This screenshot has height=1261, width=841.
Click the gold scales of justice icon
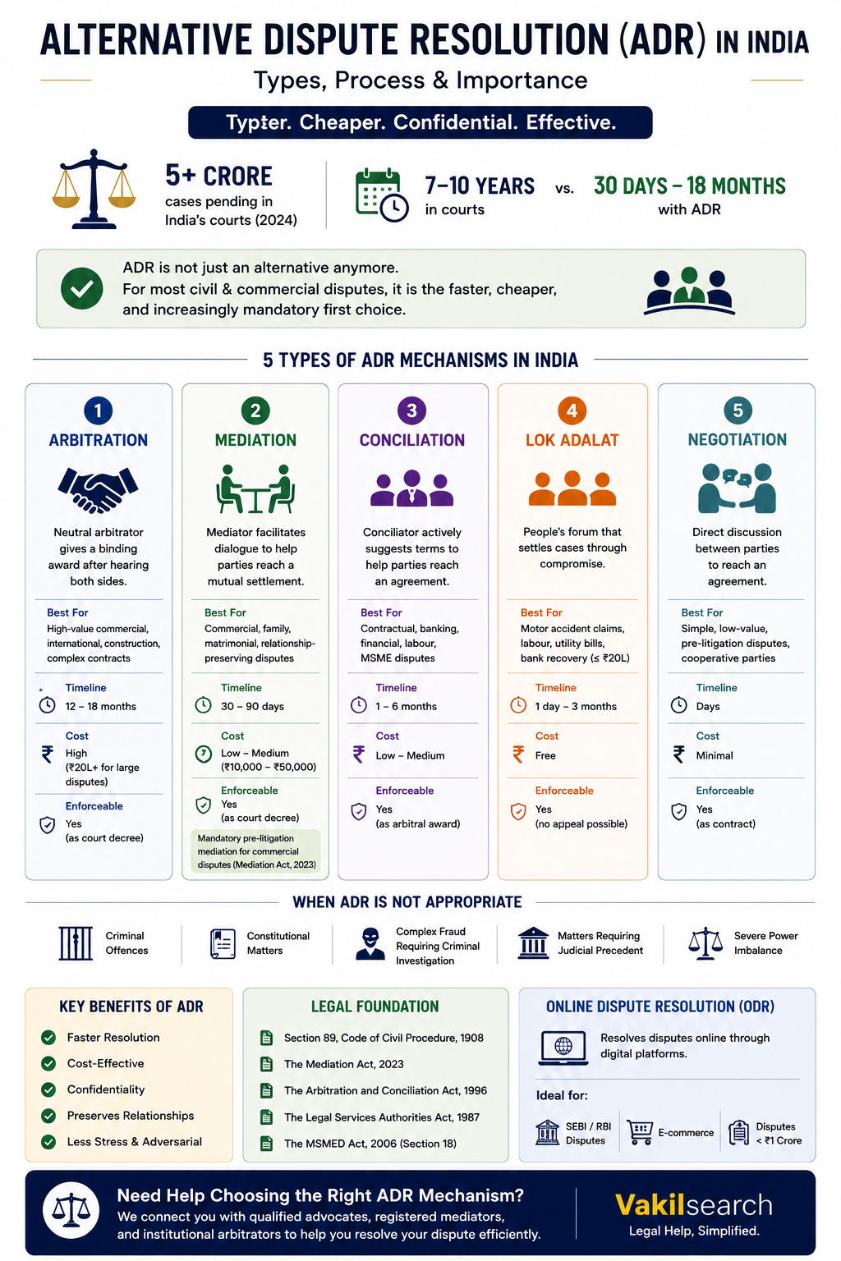pyautogui.click(x=94, y=189)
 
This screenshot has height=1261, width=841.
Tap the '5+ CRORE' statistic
pyautogui.click(x=218, y=177)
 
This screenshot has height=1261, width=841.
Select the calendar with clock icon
pyautogui.click(x=381, y=195)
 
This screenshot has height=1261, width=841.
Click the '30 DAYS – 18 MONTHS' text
pyautogui.click(x=690, y=186)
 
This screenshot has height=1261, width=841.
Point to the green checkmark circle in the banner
pyautogui.click(x=81, y=288)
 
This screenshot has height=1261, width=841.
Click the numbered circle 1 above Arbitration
pyautogui.click(x=98, y=410)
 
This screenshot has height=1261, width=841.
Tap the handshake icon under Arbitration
pyautogui.click(x=98, y=489)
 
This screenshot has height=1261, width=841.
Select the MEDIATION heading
pyautogui.click(x=255, y=440)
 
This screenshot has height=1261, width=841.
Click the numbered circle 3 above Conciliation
pyautogui.click(x=411, y=410)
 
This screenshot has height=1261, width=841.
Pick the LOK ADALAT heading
pyautogui.click(x=572, y=440)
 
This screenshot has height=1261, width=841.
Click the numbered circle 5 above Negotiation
pyautogui.click(x=738, y=410)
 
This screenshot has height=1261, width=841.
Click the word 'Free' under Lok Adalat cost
pyautogui.click(x=545, y=755)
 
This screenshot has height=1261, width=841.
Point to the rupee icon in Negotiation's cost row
pyautogui.click(x=679, y=754)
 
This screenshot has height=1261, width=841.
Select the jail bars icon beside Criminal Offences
pyautogui.click(x=76, y=943)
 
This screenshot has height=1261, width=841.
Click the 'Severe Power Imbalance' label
pyautogui.click(x=766, y=943)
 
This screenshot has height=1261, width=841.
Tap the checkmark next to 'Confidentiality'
pyautogui.click(x=48, y=1089)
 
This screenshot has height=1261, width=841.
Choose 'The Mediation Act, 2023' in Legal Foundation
pyautogui.click(x=343, y=1064)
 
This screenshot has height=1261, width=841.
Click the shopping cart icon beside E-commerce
pyautogui.click(x=639, y=1132)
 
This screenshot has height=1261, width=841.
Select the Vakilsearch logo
pyautogui.click(x=694, y=1204)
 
